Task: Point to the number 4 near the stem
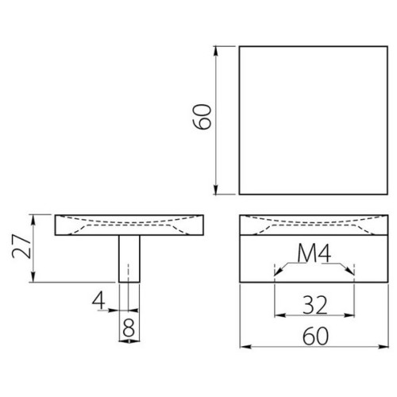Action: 98,301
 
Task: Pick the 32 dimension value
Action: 314,303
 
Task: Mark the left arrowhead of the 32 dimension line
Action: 277,314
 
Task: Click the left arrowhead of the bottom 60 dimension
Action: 243,347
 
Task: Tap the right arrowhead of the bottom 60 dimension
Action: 387,347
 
